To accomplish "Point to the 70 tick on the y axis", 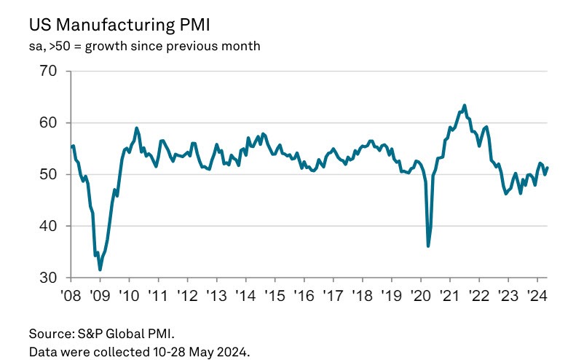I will pyautogui.click(x=48, y=71).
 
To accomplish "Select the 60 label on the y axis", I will pyautogui.click(x=48, y=123).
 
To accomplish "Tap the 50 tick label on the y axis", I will pyautogui.click(x=48, y=175).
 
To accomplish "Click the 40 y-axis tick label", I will pyautogui.click(x=48, y=227).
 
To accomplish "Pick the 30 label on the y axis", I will pyautogui.click(x=48, y=278).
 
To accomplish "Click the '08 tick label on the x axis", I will pyautogui.click(x=71, y=297).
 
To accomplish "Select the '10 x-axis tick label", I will pyautogui.click(x=129, y=297).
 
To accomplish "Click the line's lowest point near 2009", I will pyautogui.click(x=100, y=270).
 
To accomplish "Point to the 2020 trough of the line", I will pyautogui.click(x=428, y=246).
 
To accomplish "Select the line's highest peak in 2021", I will pyautogui.click(x=465, y=106).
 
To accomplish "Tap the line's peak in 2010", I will pyautogui.click(x=137, y=128).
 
